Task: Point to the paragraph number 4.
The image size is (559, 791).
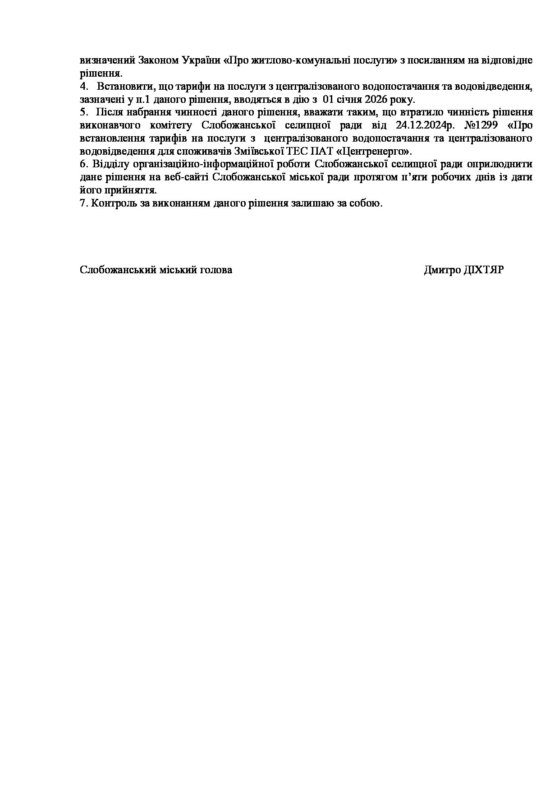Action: pos(82,87)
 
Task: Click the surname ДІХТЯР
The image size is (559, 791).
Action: pos(484,270)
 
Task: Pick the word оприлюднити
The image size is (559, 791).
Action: pos(501,164)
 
